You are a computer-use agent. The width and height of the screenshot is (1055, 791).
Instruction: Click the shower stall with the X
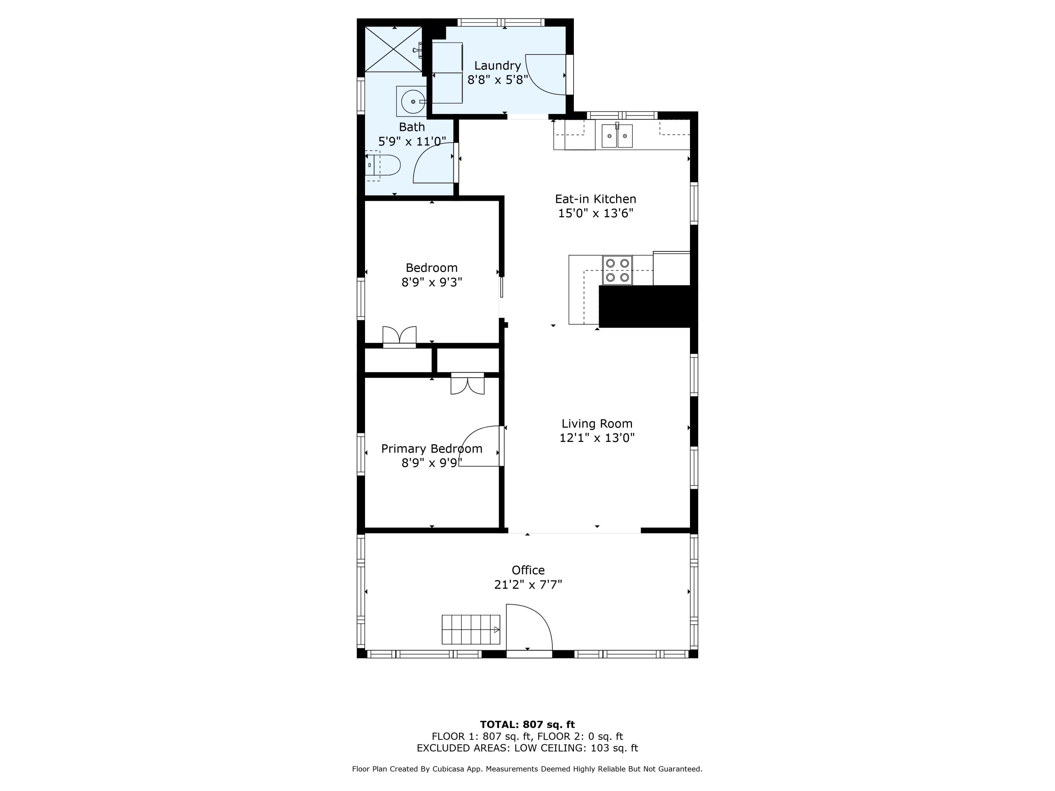coord(394,50)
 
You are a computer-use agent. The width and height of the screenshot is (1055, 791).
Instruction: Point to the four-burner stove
coord(617,270)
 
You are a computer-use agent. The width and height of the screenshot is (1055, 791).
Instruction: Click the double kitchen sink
coord(617,136)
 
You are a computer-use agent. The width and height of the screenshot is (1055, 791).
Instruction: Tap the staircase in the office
coord(470,629)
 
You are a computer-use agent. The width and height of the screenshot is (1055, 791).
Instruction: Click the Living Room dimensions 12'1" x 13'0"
coord(597,438)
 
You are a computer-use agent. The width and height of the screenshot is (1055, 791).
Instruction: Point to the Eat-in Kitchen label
coord(595,199)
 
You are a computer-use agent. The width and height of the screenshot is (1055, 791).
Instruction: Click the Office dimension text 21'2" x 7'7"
coord(528,585)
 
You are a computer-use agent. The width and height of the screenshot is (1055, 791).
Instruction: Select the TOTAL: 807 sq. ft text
coord(527,724)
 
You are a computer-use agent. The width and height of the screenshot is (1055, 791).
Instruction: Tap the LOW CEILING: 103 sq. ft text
coord(576,748)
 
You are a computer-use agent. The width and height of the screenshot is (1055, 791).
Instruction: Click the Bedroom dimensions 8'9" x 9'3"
coord(431,282)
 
